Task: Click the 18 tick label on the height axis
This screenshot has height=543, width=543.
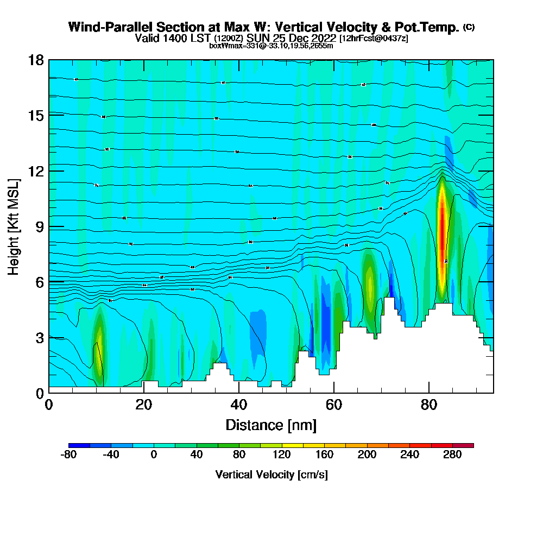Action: [36, 60]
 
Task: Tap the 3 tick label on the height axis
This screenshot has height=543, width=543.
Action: [39, 337]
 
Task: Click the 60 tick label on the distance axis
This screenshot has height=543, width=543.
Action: [334, 405]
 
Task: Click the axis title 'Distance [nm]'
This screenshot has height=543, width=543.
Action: [271, 425]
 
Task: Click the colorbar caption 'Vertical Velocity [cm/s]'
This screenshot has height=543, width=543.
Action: [271, 475]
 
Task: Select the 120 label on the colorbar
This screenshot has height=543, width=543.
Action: [281, 455]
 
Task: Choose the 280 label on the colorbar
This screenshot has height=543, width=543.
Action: [452, 455]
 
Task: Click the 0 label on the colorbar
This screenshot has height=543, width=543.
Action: [154, 455]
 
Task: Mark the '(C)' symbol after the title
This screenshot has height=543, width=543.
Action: [469, 27]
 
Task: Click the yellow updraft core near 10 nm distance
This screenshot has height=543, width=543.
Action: [99, 348]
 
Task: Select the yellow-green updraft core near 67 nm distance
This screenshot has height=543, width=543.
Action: [370, 282]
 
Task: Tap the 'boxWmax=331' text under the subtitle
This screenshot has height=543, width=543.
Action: [230, 46]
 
